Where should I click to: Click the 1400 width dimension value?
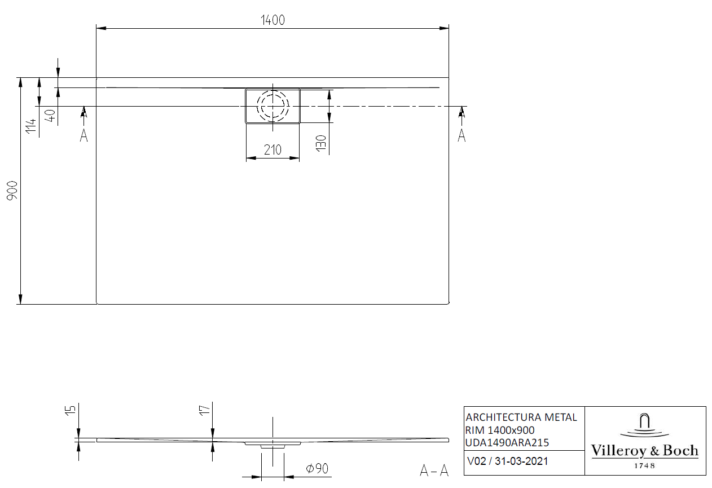273,20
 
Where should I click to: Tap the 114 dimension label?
32,126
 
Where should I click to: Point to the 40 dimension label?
50,116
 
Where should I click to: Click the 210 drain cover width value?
273,150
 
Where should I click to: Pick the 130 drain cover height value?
320,144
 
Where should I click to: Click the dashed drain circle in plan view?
273,105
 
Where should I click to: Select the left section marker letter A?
83,135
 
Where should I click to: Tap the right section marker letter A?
462,135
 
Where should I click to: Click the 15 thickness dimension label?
70,410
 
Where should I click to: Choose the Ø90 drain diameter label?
317,468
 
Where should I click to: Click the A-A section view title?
434,470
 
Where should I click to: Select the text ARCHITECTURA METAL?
521,417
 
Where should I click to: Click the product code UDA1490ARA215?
507,443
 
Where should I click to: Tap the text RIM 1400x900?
500,430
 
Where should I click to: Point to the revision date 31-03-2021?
521,461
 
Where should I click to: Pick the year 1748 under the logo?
644,465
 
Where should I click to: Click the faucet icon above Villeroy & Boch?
644,424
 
